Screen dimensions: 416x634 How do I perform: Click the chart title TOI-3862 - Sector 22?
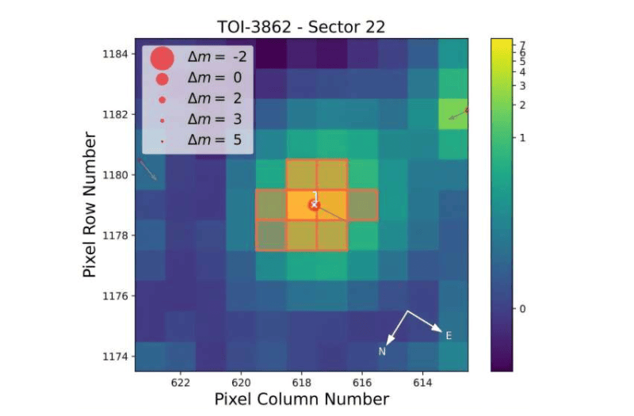pos(301,26)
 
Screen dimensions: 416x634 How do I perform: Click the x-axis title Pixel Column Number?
pos(301,399)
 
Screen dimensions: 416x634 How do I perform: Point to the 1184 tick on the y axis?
pos(117,54)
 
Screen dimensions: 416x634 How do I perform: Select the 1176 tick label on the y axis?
pos(117,296)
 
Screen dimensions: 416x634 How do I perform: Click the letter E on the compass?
pos(449,336)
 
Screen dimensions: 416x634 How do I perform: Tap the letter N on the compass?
pos(382,351)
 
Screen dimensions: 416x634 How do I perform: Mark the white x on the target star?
pos(314,204)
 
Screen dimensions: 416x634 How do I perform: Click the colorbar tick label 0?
pos(522,308)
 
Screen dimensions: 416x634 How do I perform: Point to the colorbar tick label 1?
pos(522,138)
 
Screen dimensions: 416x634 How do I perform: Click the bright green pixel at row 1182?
pos(453,113)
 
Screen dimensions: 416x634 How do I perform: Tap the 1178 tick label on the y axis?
pos(117,235)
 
